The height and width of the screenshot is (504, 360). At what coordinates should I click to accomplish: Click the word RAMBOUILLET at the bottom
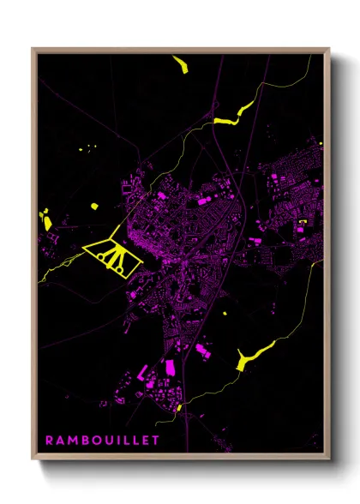(103, 440)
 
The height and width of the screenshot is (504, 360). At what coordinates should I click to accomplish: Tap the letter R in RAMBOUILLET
(49, 440)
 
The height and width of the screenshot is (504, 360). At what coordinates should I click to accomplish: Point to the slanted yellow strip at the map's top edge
(180, 64)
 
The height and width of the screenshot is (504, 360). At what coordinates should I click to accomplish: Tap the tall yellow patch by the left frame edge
(44, 219)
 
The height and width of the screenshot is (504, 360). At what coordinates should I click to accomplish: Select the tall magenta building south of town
(170, 367)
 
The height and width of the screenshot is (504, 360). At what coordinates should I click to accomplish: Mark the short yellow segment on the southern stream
(179, 408)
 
